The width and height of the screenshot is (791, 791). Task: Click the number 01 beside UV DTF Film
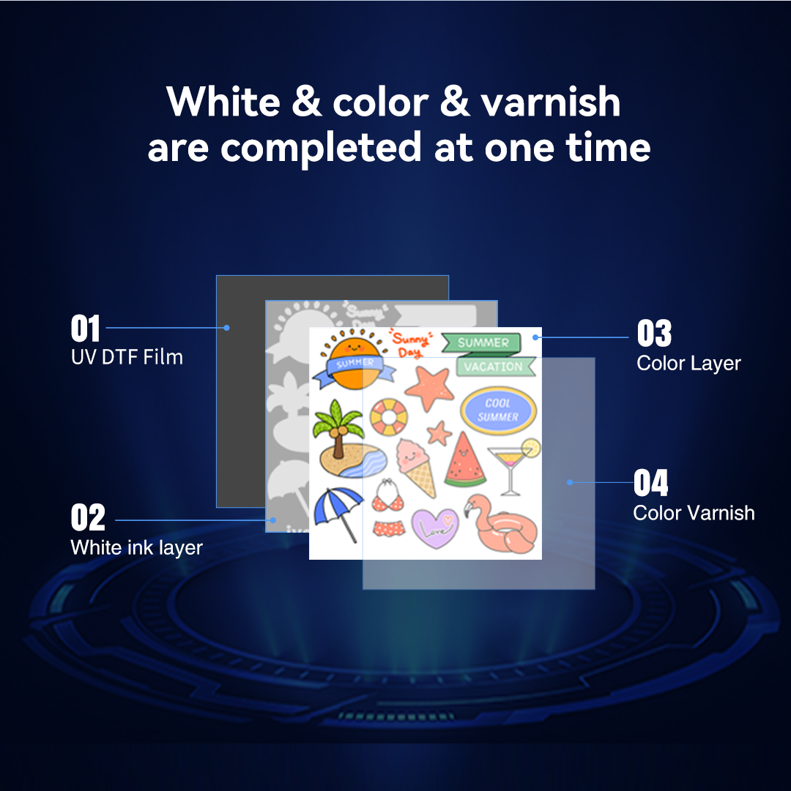(x=85, y=329)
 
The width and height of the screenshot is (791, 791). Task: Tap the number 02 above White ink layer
(x=88, y=517)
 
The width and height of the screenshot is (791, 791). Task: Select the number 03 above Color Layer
(x=654, y=333)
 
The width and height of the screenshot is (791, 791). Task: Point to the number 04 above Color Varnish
(x=651, y=483)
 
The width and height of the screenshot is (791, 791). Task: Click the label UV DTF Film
(x=127, y=357)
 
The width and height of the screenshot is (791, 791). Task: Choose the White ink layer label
(x=136, y=548)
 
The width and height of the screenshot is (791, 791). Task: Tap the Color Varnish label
(x=694, y=513)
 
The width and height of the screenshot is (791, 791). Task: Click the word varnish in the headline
(x=550, y=102)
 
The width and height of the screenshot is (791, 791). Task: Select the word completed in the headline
(x=321, y=149)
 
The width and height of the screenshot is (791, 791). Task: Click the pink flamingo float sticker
(x=500, y=524)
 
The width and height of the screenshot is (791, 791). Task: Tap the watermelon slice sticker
(x=464, y=460)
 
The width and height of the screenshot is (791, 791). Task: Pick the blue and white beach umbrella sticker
(x=338, y=514)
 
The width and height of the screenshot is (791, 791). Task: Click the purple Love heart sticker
(x=434, y=528)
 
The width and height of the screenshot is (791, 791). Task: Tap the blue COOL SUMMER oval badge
(x=498, y=410)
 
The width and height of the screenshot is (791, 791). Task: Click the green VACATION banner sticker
(x=494, y=367)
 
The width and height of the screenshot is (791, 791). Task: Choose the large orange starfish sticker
(x=430, y=387)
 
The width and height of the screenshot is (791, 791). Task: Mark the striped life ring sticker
(x=388, y=417)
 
